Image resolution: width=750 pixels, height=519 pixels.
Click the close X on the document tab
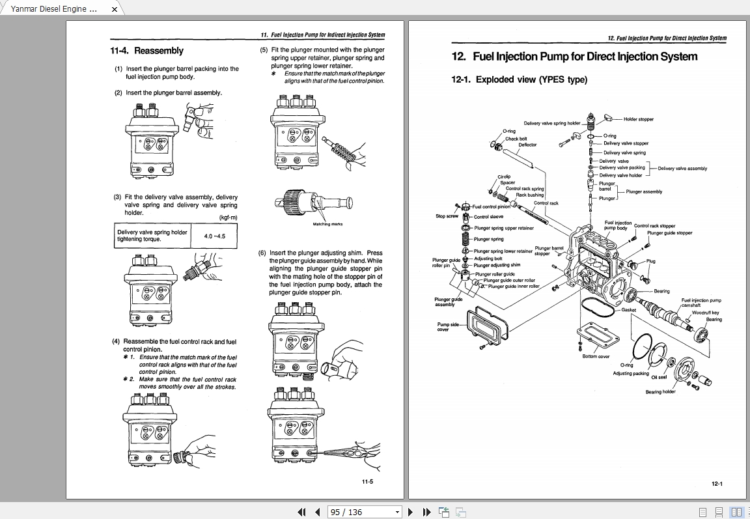[115, 9]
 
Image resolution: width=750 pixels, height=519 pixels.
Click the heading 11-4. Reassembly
[146, 51]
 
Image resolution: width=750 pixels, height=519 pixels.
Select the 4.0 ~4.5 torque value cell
[214, 236]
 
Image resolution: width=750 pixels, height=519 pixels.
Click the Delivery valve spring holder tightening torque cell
[152, 236]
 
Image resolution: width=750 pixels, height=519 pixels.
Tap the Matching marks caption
[327, 224]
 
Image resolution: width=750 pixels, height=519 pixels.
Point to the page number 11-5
[367, 482]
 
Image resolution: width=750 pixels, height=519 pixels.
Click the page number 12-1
[717, 484]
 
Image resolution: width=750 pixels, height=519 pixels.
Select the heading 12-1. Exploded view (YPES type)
[519, 79]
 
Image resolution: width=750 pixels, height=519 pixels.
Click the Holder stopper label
[638, 119]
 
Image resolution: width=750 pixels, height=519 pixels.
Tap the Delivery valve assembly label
[682, 169]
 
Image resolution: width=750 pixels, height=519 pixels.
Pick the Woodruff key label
[705, 313]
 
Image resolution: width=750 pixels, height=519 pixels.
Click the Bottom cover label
[596, 356]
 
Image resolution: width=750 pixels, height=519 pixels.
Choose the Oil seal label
[659, 377]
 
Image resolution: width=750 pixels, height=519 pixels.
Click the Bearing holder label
[660, 392]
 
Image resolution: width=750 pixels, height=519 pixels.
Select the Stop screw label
[447, 216]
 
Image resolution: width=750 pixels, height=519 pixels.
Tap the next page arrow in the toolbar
[411, 512]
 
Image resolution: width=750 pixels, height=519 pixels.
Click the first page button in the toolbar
[301, 512]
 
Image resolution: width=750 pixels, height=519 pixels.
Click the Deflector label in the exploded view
[527, 145]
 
